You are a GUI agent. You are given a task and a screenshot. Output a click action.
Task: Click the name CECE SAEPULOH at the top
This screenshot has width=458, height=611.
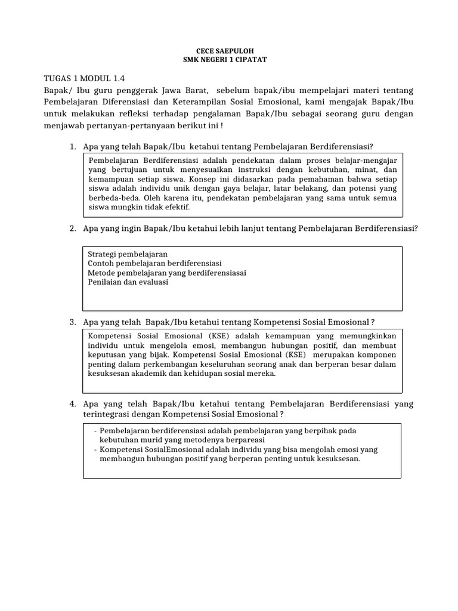[229, 53]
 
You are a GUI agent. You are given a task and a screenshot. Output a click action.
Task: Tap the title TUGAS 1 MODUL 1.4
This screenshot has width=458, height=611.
[85, 78]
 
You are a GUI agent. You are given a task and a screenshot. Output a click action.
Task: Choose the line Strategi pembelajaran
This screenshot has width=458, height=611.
[128, 254]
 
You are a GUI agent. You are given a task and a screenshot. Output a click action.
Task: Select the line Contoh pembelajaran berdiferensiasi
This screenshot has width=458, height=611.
[154, 263]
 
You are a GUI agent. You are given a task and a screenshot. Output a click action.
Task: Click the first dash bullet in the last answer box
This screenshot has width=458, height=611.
[96, 430]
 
